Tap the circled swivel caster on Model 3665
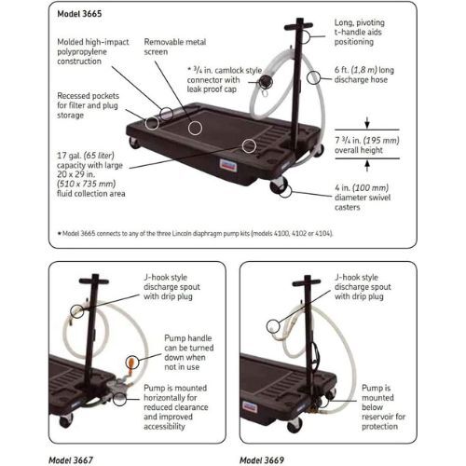coord(282,190)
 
